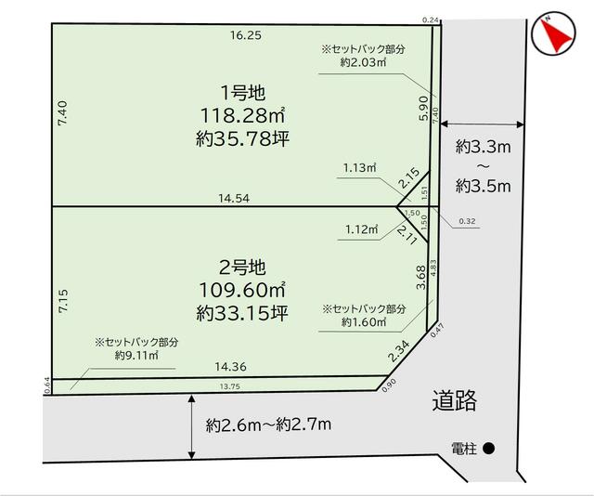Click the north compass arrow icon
coord(554,35)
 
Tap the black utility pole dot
coord(489,448)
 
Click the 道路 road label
coord(455,401)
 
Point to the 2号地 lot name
coord(242,268)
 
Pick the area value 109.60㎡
coord(242,290)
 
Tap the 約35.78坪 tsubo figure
coord(242,138)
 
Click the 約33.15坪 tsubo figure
coord(242,313)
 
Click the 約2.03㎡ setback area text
coord(364,63)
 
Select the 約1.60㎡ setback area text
coord(363,322)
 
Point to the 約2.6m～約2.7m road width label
coord(268,425)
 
